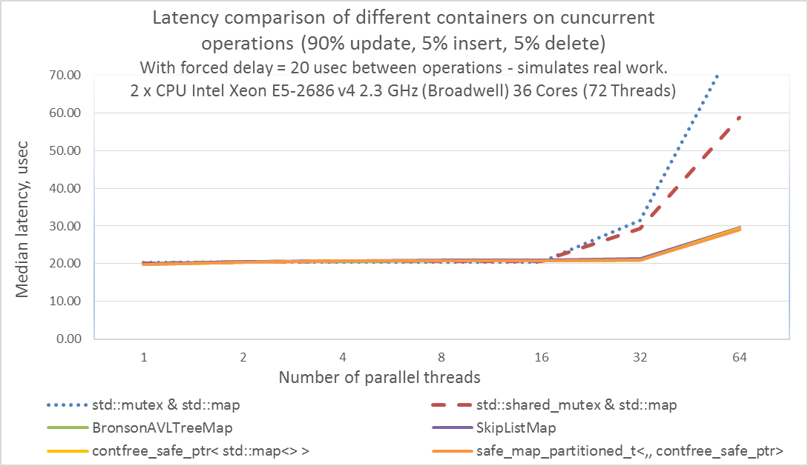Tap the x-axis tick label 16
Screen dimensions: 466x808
tap(541, 357)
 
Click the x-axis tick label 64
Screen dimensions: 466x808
tap(740, 357)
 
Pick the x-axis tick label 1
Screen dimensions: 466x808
tap(144, 357)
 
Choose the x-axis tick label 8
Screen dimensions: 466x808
tap(441, 357)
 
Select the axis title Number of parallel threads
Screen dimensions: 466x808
tap(379, 377)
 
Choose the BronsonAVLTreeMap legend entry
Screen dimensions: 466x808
tap(157, 427)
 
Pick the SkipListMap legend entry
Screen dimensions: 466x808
tap(520, 427)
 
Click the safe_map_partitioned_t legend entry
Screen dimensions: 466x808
tap(631, 450)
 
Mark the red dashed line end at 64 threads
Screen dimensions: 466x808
tap(739, 117)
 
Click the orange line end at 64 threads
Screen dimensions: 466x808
tap(739, 229)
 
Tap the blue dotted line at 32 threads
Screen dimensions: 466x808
tap(640, 221)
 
